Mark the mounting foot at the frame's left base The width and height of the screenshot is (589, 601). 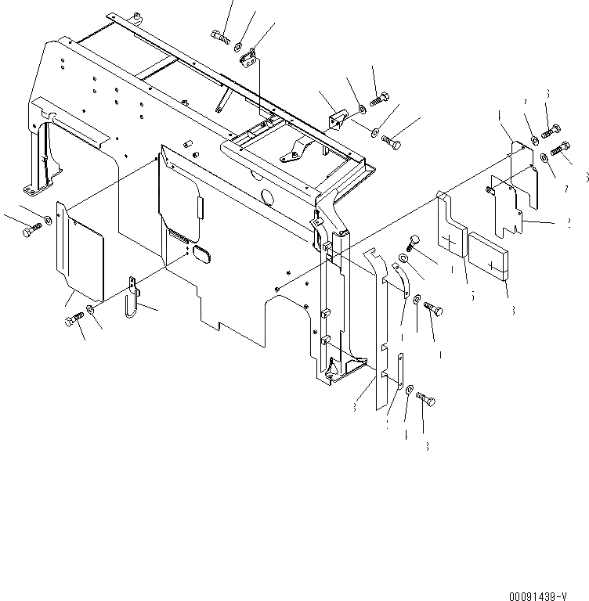pos(34,189)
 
